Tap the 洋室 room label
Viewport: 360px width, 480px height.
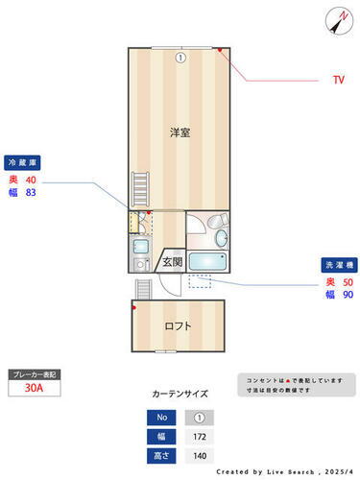180,132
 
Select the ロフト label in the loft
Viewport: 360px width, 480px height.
178,325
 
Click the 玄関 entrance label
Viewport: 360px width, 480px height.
172,260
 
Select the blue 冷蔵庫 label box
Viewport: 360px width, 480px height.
27,162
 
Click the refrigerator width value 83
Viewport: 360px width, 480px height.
31,193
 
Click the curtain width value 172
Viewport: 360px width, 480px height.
200,437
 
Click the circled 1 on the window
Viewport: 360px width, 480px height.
180,57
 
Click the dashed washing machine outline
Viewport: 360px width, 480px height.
200,281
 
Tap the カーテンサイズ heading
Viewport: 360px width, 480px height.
180,394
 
